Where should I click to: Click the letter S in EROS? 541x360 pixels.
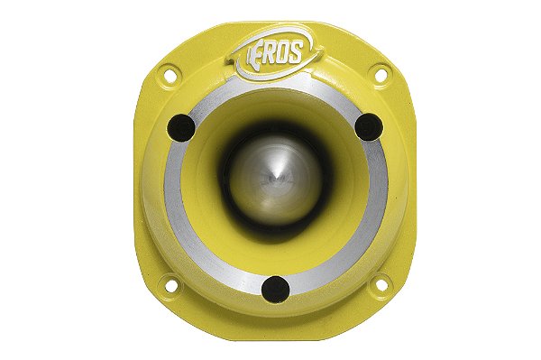click(298, 45)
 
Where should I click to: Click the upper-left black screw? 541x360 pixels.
click(183, 129)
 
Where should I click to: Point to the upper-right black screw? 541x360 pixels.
click(368, 127)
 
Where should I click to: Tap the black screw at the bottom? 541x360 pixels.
click(275, 289)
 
